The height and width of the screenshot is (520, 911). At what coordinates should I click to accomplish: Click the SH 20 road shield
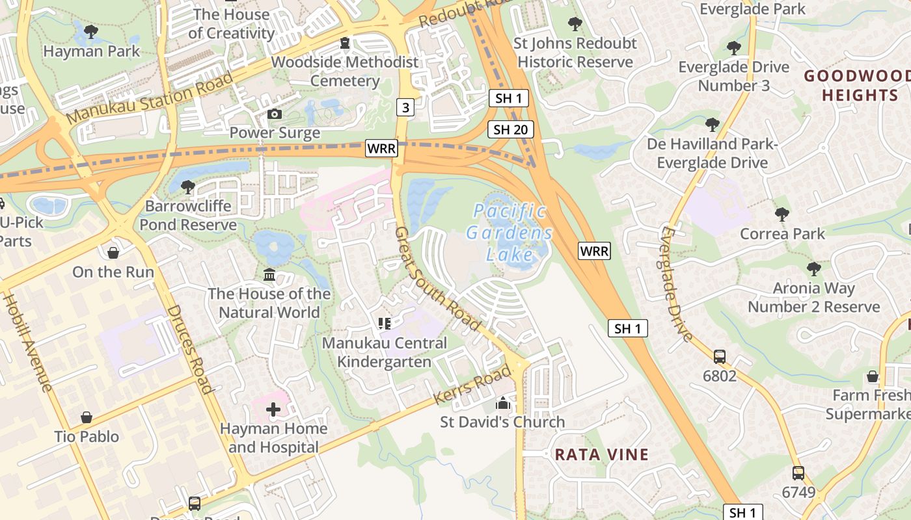coord(511,129)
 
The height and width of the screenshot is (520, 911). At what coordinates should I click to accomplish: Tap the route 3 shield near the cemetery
coord(405,107)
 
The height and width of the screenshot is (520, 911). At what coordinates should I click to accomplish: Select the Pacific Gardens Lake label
coord(510,232)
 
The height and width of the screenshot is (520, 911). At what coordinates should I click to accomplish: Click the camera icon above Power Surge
coord(275,114)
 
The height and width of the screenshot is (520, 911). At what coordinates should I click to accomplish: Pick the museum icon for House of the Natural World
coord(269,275)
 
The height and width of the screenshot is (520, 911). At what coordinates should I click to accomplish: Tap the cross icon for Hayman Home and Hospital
coord(273,409)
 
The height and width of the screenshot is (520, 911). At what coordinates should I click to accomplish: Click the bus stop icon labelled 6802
coord(720,356)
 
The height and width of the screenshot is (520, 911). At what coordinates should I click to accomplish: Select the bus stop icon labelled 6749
coord(798,473)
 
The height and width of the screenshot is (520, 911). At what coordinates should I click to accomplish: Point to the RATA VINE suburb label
coord(601,454)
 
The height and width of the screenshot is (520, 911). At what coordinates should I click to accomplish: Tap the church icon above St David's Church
coord(502,403)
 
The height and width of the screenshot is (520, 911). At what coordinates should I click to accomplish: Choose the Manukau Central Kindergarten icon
coord(384,323)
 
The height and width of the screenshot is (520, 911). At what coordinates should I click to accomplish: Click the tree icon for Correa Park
coord(782,214)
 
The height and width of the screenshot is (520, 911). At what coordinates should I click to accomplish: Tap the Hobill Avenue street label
coord(27,343)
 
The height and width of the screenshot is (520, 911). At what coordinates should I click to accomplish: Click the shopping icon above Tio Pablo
coord(87,417)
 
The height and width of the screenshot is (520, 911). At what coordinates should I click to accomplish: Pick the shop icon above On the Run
coord(113,253)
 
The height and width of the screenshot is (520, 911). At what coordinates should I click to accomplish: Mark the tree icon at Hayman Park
coord(91,31)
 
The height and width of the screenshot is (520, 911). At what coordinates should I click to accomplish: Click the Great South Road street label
coord(437,279)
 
